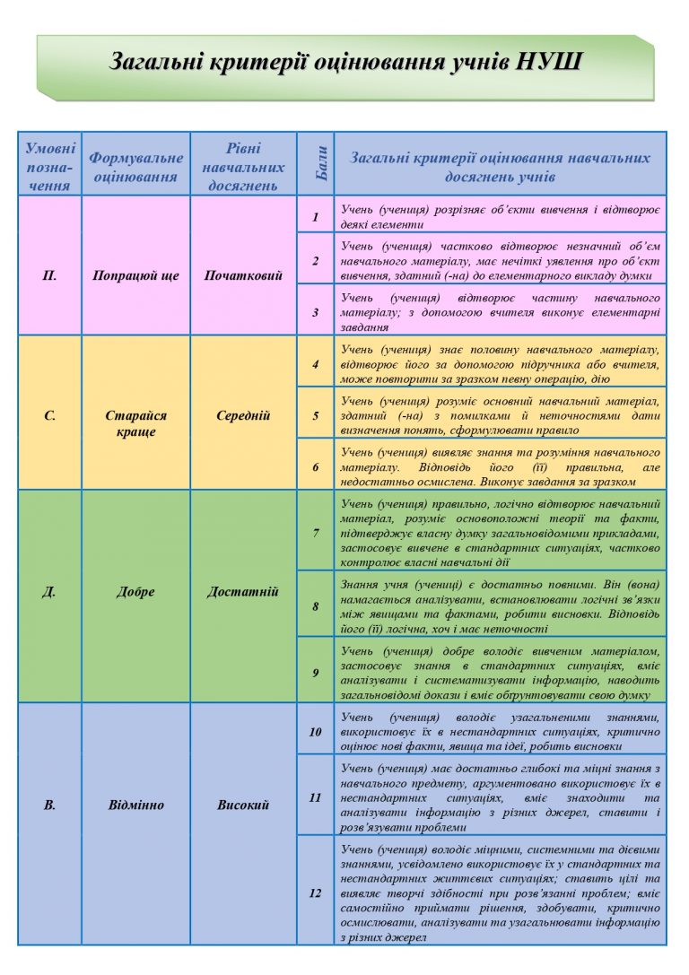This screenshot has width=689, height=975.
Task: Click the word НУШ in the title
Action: click(x=551, y=62)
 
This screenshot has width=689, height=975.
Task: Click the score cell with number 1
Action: click(x=316, y=216)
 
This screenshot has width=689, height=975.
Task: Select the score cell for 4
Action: click(x=316, y=365)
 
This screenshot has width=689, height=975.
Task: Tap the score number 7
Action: click(x=316, y=533)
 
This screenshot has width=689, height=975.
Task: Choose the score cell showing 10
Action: click(x=316, y=731)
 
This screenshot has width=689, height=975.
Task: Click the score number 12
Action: click(x=316, y=892)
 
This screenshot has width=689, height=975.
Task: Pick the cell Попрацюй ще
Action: click(x=136, y=275)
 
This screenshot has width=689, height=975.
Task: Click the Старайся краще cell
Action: click(x=136, y=423)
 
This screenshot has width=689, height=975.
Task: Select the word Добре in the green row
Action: click(x=136, y=591)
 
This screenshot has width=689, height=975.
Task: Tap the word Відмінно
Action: click(x=136, y=805)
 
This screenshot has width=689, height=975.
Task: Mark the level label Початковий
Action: click(x=243, y=275)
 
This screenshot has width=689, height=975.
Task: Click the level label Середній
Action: click(x=243, y=415)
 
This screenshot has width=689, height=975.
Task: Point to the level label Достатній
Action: click(x=243, y=591)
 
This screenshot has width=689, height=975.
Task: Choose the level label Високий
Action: click(x=243, y=805)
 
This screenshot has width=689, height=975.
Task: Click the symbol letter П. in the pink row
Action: click(x=49, y=275)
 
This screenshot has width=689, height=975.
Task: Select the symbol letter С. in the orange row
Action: click(x=49, y=415)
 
